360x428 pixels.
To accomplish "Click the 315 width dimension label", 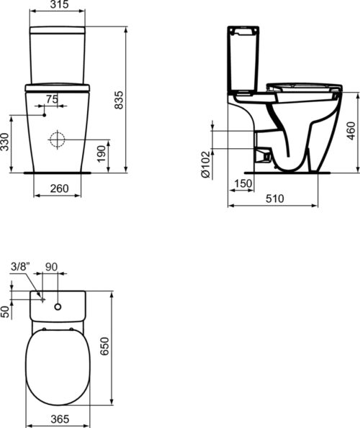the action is click(x=60, y=4).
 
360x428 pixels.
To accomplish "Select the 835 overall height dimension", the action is click(x=119, y=100).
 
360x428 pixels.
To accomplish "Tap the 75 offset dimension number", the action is click(x=52, y=99).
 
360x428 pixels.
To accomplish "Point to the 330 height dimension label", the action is click(x=4, y=142).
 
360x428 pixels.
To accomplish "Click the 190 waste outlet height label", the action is click(x=102, y=154).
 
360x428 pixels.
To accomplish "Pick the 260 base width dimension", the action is click(x=59, y=188).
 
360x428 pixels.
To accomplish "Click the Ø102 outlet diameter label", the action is click(x=206, y=164).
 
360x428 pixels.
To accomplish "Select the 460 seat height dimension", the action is click(x=351, y=131).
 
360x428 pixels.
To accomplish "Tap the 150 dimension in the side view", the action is click(x=243, y=183).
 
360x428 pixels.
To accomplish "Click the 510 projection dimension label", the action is click(x=275, y=199).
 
